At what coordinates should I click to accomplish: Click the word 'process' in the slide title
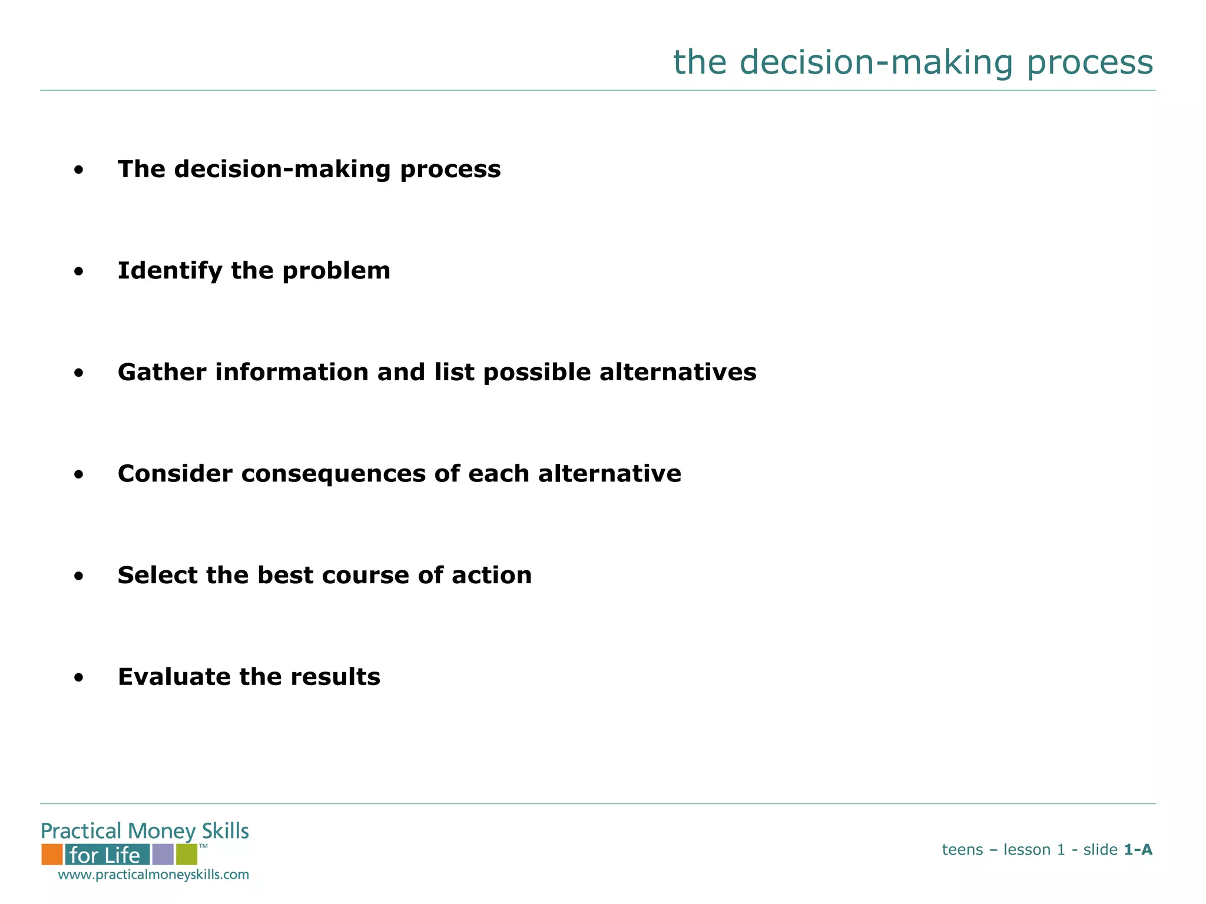pyautogui.click(x=1089, y=63)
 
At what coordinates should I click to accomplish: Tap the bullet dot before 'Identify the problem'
pyautogui.click(x=79, y=272)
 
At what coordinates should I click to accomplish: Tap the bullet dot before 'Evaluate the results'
pyautogui.click(x=79, y=679)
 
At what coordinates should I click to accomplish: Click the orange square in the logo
pyautogui.click(x=52, y=854)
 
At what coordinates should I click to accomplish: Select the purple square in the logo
pyautogui.click(x=163, y=854)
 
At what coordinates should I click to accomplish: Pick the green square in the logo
pyautogui.click(x=186, y=854)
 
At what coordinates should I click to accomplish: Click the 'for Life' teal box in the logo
pyautogui.click(x=107, y=855)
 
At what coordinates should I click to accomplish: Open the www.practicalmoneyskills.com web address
pyautogui.click(x=153, y=875)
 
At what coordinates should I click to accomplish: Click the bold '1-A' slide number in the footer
pyautogui.click(x=1138, y=850)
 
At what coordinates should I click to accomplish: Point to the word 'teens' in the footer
pyautogui.click(x=962, y=850)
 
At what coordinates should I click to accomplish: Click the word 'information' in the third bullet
pyautogui.click(x=292, y=373)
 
